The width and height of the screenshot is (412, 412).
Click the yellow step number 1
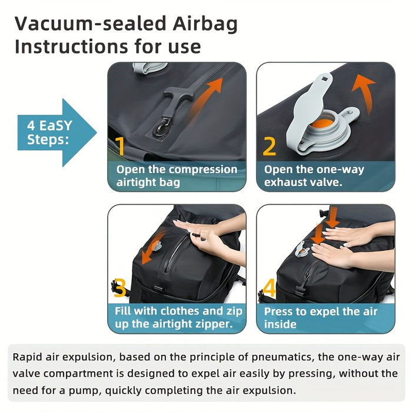click(119, 145)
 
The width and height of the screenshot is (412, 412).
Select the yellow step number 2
click(269, 145)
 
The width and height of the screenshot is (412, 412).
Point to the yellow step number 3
click(119, 288)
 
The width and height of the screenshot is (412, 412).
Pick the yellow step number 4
click(269, 288)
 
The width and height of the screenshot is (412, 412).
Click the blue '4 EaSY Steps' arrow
click(56, 133)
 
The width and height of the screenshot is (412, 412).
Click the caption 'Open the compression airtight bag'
click(177, 176)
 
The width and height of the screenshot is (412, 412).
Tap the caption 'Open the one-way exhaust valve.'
click(314, 176)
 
